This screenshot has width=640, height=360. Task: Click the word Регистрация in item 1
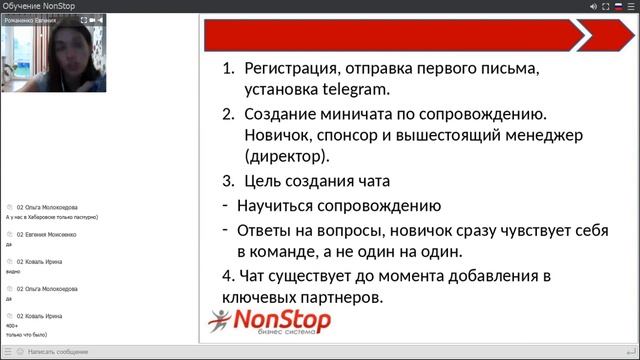coord(296,69)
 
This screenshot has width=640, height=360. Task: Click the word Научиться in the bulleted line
coord(282,206)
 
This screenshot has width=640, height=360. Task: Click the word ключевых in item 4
coord(263,297)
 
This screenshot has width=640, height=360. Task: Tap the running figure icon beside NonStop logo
coord(219,320)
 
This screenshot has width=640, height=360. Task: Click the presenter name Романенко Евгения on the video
coord(32,19)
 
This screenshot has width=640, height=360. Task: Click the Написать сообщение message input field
coord(60,352)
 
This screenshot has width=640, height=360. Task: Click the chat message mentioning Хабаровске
coord(51,216)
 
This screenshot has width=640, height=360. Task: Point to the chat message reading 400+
coord(12,325)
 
